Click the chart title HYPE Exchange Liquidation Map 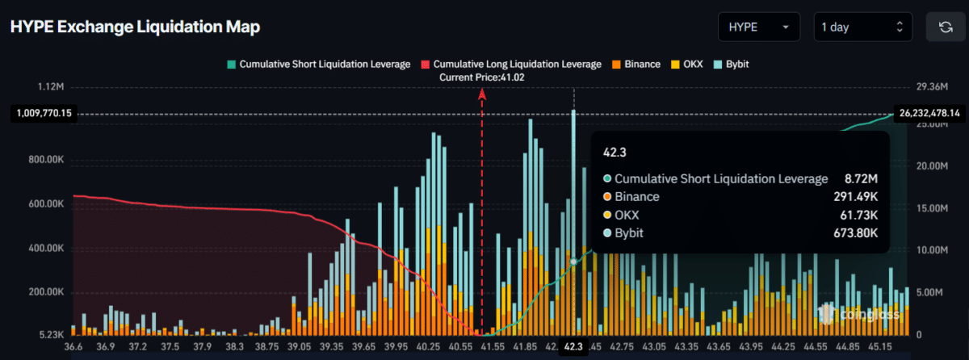135,27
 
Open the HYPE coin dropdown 758,27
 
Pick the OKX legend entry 687,63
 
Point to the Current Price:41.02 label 481,77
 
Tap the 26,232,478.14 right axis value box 929,114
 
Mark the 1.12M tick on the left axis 50,86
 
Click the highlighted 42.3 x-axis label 573,347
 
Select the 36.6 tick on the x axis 73,347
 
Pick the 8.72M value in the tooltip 862,178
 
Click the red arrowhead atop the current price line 482,94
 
